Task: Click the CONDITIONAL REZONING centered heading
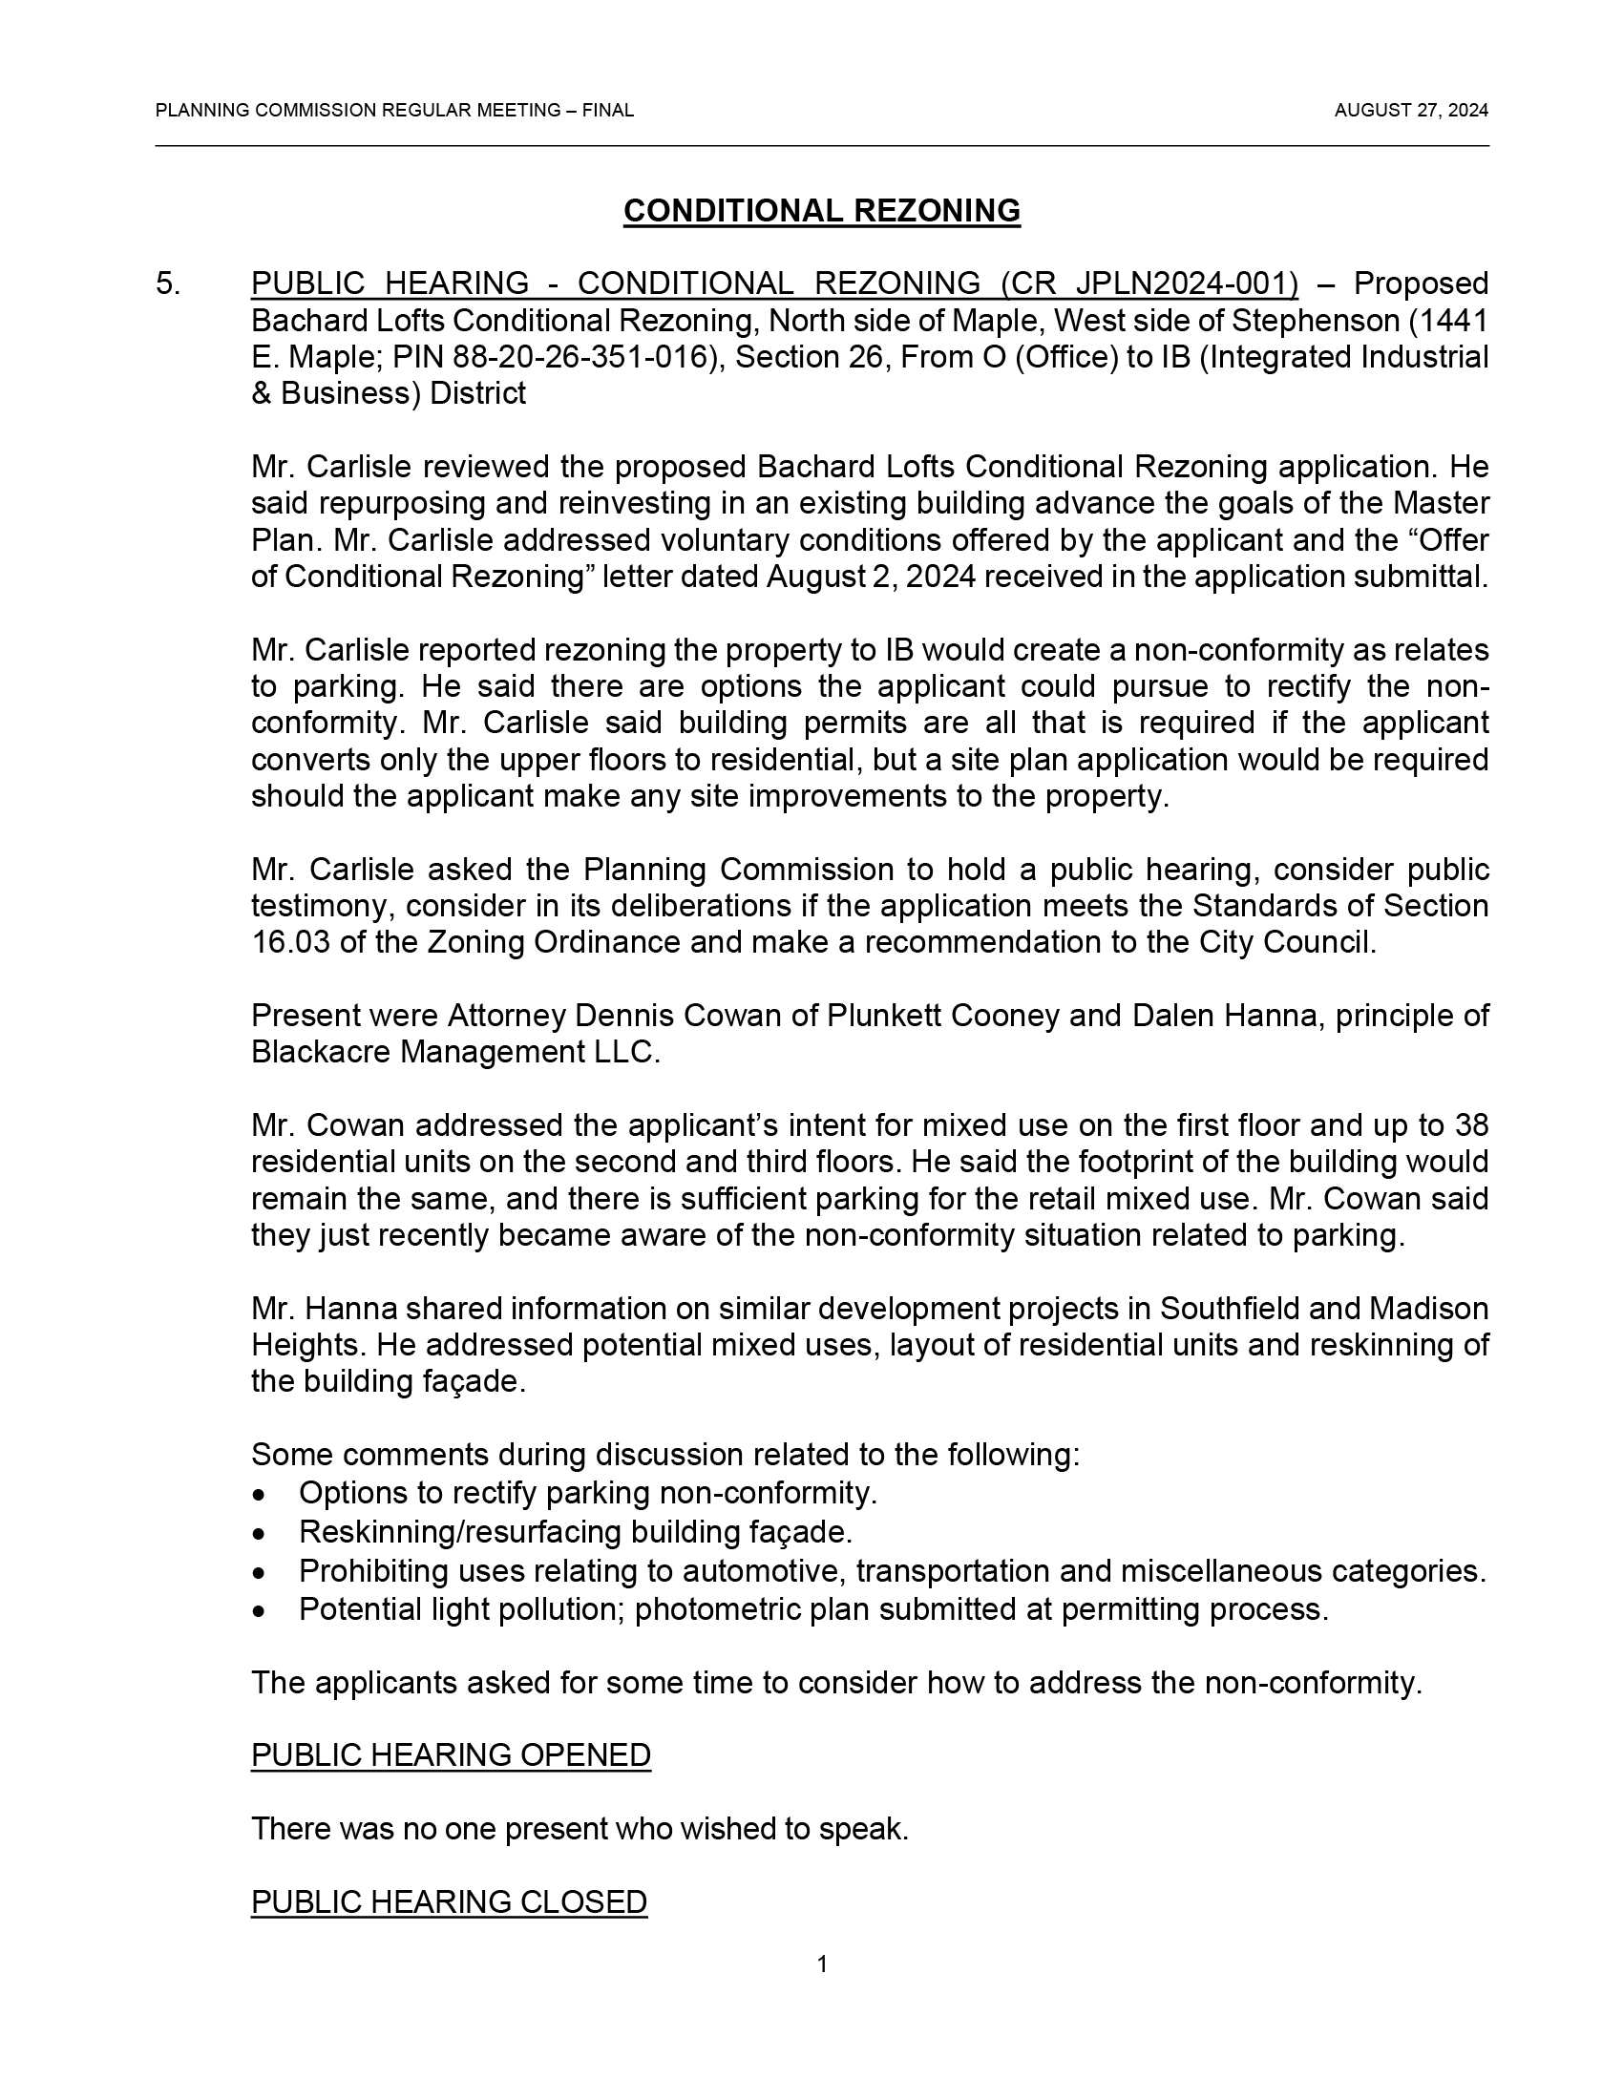coord(821,211)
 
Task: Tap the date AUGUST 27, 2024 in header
coord(1410,111)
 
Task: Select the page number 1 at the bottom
coord(822,1964)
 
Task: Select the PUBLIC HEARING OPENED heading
coord(451,1754)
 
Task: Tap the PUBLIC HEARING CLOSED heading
coord(449,1900)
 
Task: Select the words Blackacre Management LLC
coord(454,1052)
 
